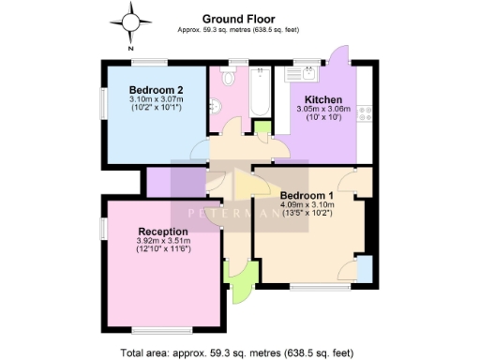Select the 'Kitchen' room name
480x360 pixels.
point(321,99)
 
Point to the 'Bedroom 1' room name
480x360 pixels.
point(307,195)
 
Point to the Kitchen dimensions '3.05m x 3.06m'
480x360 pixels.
point(322,109)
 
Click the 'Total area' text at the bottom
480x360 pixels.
point(236,352)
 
